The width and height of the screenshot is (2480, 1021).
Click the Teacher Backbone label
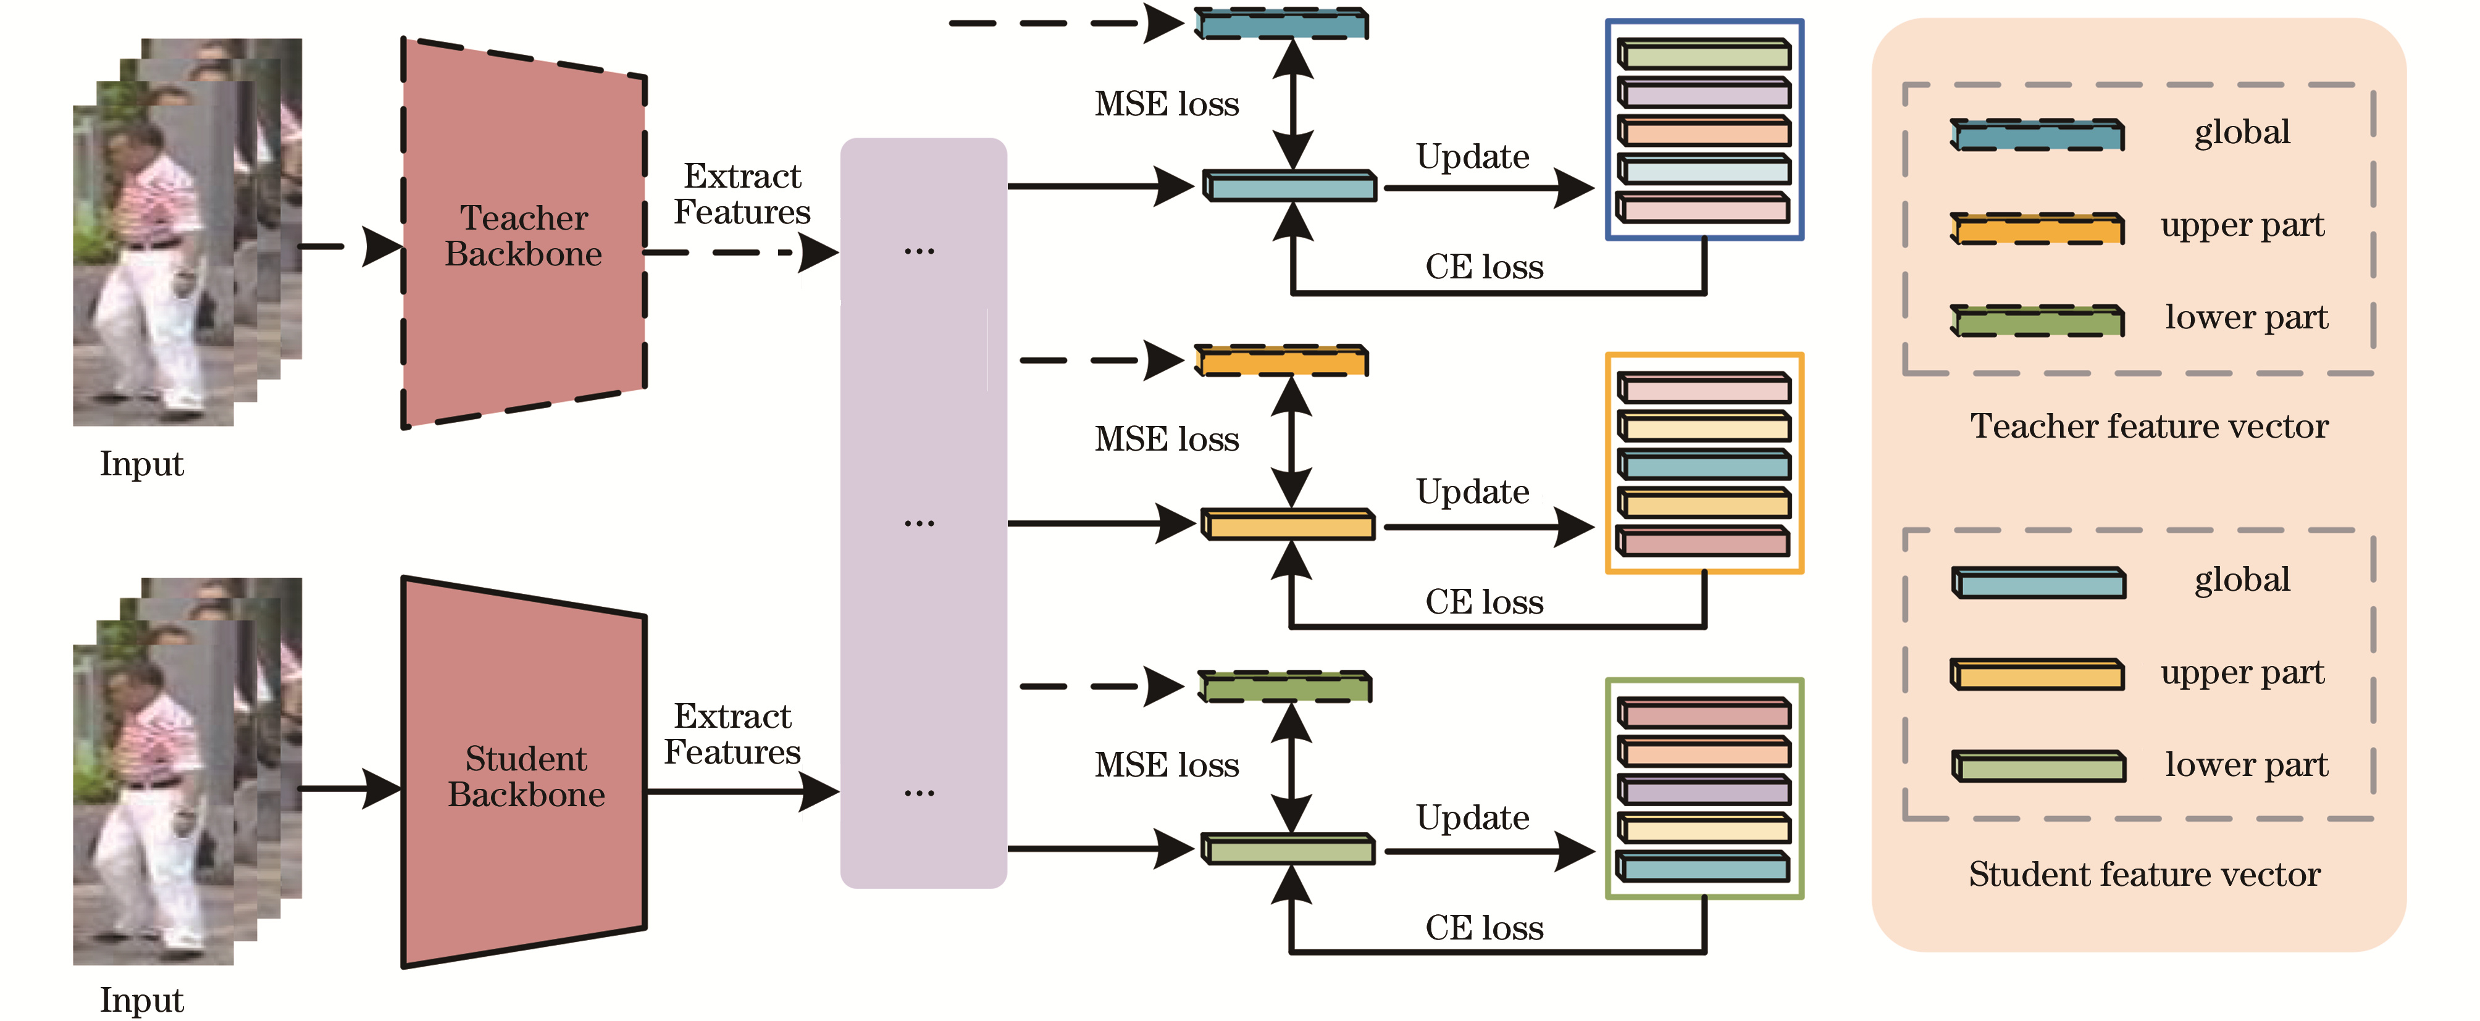pos(523,236)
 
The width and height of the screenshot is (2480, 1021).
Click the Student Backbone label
pos(526,777)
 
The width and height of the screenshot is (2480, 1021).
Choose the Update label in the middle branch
pos(1472,492)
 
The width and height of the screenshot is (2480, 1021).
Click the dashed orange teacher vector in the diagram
pos(1280,361)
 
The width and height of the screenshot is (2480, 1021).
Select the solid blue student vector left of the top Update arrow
pos(1290,186)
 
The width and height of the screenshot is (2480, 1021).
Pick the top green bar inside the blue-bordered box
pos(1703,54)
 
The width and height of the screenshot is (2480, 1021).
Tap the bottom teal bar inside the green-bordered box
pos(1703,867)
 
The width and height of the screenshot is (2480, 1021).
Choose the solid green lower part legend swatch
pos(2038,766)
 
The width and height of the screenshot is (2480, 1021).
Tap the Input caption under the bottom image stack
pos(141,1000)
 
